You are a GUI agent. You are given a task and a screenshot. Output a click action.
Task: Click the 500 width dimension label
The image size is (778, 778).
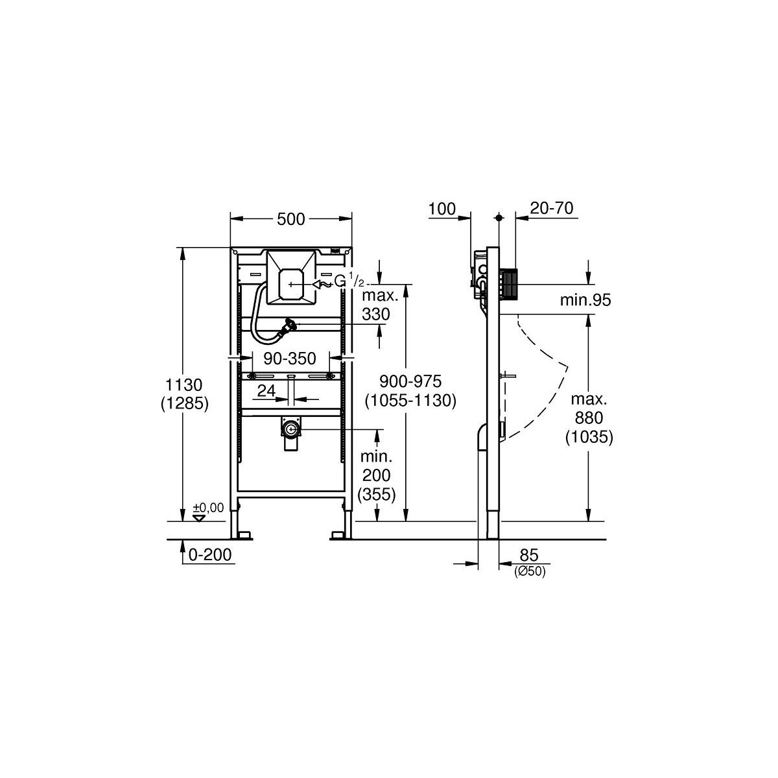point(290,219)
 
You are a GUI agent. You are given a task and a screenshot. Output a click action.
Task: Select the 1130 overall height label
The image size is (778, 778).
point(184,384)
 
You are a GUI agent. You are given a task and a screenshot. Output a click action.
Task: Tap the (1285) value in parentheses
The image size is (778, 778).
point(185,403)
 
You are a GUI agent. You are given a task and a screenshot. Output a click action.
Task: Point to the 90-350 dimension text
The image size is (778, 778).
point(289,358)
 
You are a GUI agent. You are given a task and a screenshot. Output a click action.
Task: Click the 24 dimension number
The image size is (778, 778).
point(266,390)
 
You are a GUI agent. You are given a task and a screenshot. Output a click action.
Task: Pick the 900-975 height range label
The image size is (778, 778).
point(410,381)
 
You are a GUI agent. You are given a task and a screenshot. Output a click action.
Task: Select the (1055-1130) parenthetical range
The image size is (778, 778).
point(410,401)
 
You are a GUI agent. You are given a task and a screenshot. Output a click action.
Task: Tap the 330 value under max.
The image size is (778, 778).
point(376,314)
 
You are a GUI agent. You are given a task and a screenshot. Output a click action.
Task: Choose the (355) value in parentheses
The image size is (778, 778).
point(379,494)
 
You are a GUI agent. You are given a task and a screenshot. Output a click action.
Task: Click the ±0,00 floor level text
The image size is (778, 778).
point(208,508)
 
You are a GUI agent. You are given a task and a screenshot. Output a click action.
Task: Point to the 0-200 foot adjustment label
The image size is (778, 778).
point(210,554)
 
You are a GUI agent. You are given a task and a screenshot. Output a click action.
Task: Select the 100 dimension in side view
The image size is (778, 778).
point(442,209)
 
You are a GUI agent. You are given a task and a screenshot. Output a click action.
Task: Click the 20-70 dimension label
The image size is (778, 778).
point(552,208)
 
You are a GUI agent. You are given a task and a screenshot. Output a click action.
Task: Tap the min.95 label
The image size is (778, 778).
point(585,300)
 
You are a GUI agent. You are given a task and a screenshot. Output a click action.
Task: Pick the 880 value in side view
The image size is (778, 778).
point(589,418)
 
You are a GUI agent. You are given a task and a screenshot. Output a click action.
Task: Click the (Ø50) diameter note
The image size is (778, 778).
point(530,571)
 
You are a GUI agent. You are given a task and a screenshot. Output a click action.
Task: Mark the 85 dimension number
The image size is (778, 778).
point(529,555)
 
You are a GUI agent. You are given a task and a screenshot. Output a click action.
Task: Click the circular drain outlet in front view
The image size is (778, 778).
point(290,429)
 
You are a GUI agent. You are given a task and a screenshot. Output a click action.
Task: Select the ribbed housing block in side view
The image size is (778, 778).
point(509,287)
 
